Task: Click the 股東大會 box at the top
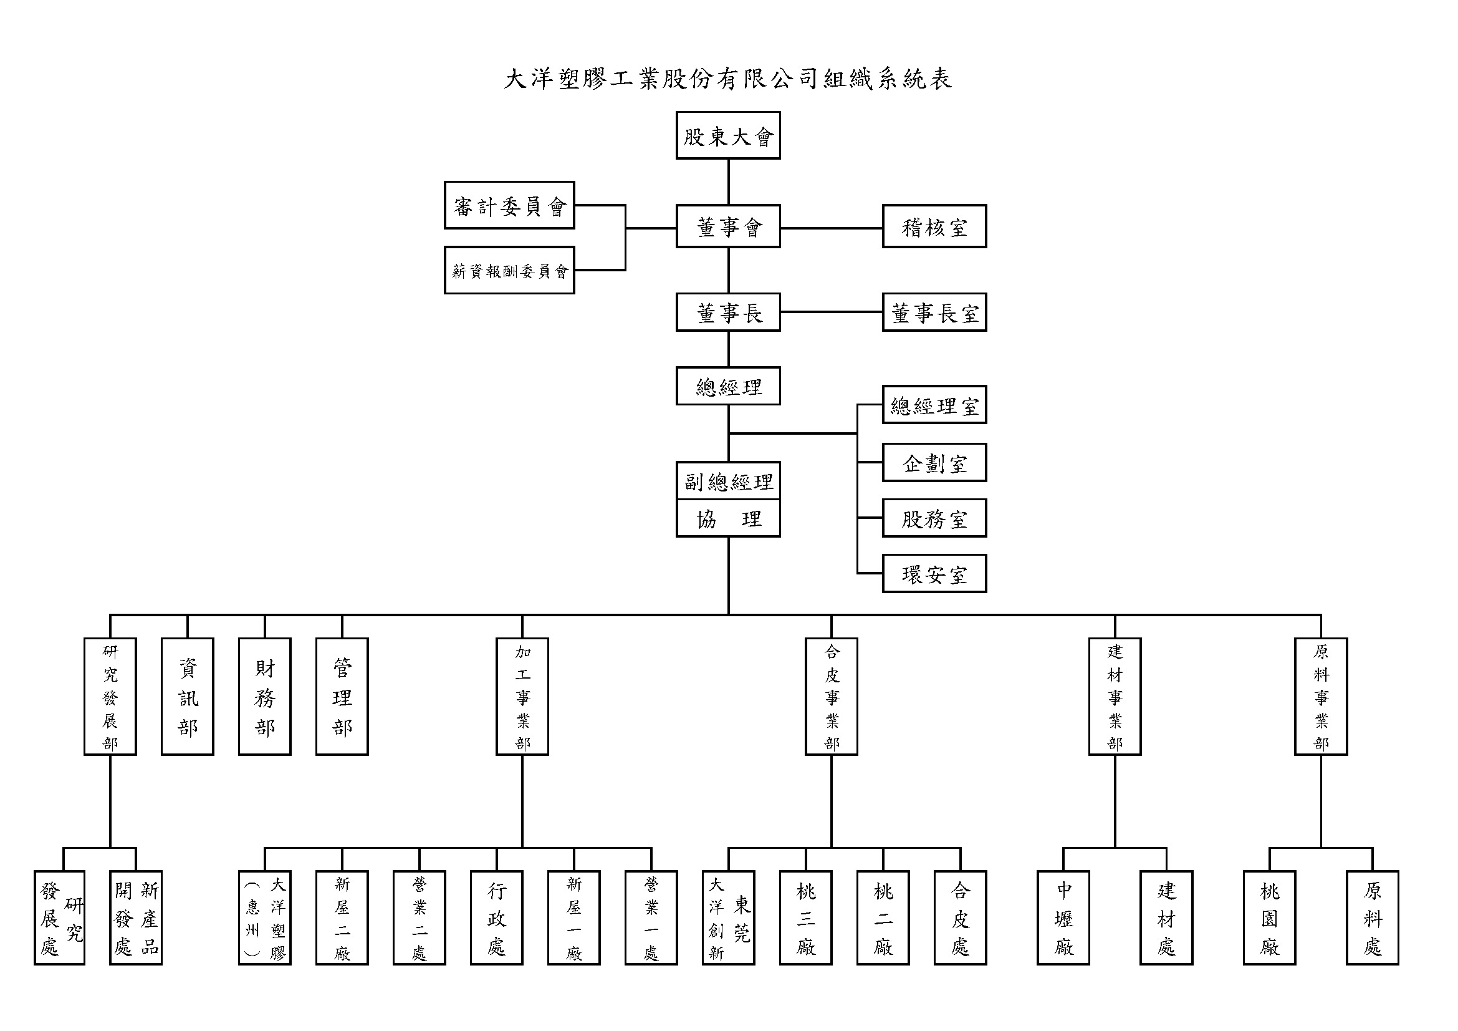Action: [727, 135]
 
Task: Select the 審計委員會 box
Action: [509, 205]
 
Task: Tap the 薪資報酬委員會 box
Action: [509, 271]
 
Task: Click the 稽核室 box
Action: [934, 226]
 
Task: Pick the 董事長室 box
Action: [934, 312]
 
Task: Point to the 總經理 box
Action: [727, 385]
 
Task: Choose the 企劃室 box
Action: [934, 462]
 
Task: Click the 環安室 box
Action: [934, 574]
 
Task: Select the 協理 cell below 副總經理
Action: [727, 519]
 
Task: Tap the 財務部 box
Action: [265, 696]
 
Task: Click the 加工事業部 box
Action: [522, 696]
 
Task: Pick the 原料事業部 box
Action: [1321, 696]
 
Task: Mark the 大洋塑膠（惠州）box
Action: [265, 918]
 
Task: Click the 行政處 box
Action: [497, 918]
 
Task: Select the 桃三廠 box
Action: [805, 918]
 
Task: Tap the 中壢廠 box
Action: [1063, 918]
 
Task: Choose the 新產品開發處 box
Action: [136, 918]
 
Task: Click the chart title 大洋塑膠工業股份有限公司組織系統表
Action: [727, 79]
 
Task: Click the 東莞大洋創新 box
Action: [727, 918]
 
